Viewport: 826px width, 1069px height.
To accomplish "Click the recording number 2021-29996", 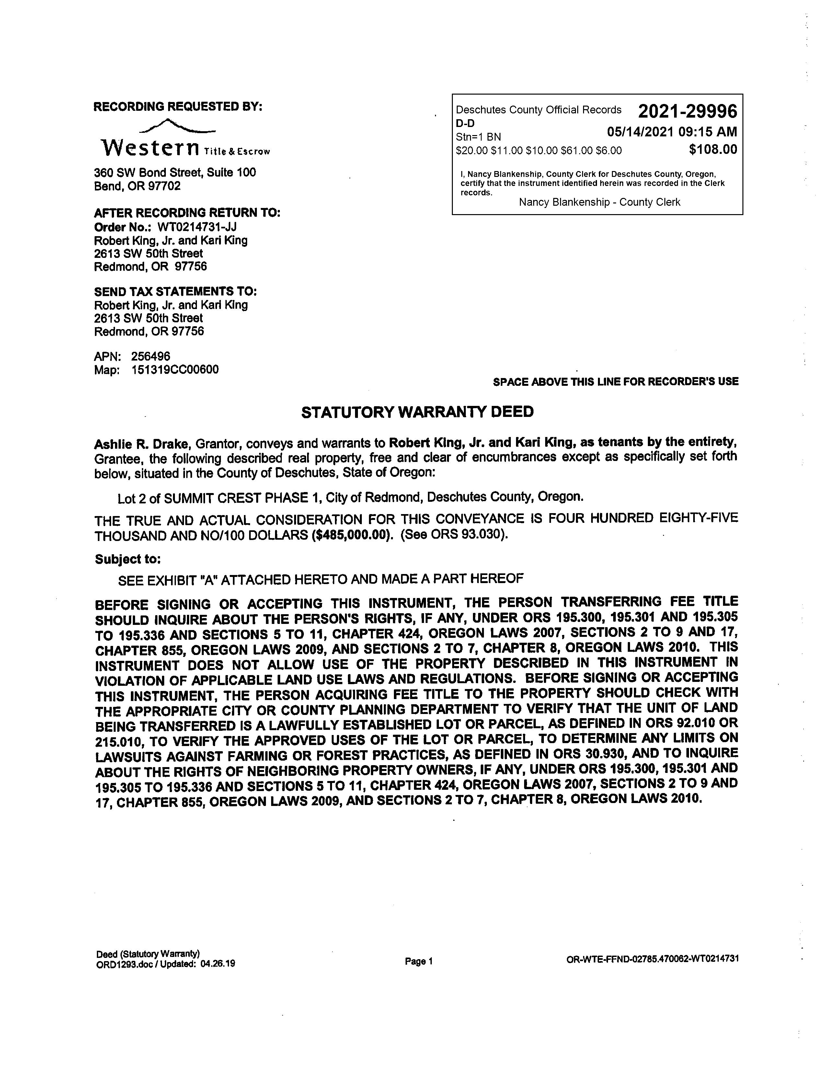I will coord(687,112).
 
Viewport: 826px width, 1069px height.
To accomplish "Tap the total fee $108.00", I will coord(713,149).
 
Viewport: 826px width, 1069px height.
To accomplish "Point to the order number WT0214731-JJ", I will coord(197,227).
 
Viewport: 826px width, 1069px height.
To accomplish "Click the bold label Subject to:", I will coord(128,559).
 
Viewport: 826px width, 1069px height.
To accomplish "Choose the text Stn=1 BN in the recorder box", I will coord(478,137).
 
